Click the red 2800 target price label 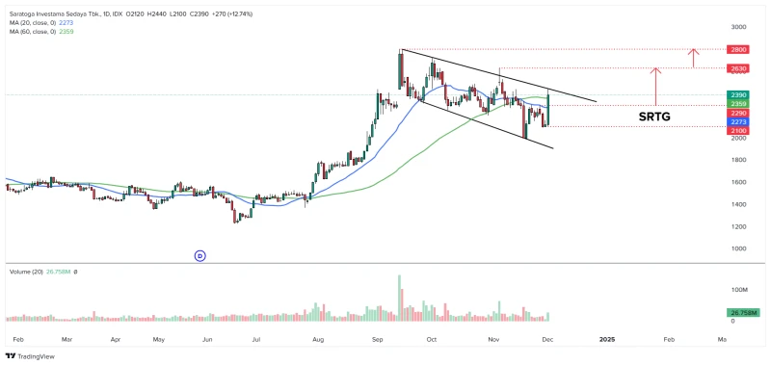pyautogui.click(x=739, y=49)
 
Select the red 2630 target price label pyautogui.click(x=739, y=69)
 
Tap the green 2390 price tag pyautogui.click(x=739, y=94)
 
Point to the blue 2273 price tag pyautogui.click(x=739, y=122)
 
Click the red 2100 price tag pyautogui.click(x=739, y=131)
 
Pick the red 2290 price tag pyautogui.click(x=739, y=113)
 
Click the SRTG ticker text pyautogui.click(x=654, y=117)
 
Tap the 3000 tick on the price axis pyautogui.click(x=738, y=28)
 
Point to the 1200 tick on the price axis pyautogui.click(x=738, y=226)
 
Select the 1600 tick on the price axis pyautogui.click(x=738, y=182)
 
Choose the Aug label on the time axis pyautogui.click(x=318, y=339)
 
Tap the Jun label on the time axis pyautogui.click(x=207, y=339)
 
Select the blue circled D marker pyautogui.click(x=200, y=255)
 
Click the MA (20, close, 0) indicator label pyautogui.click(x=33, y=22)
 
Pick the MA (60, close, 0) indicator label pyautogui.click(x=33, y=32)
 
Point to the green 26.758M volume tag pyautogui.click(x=743, y=313)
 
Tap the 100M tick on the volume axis pyautogui.click(x=739, y=289)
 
